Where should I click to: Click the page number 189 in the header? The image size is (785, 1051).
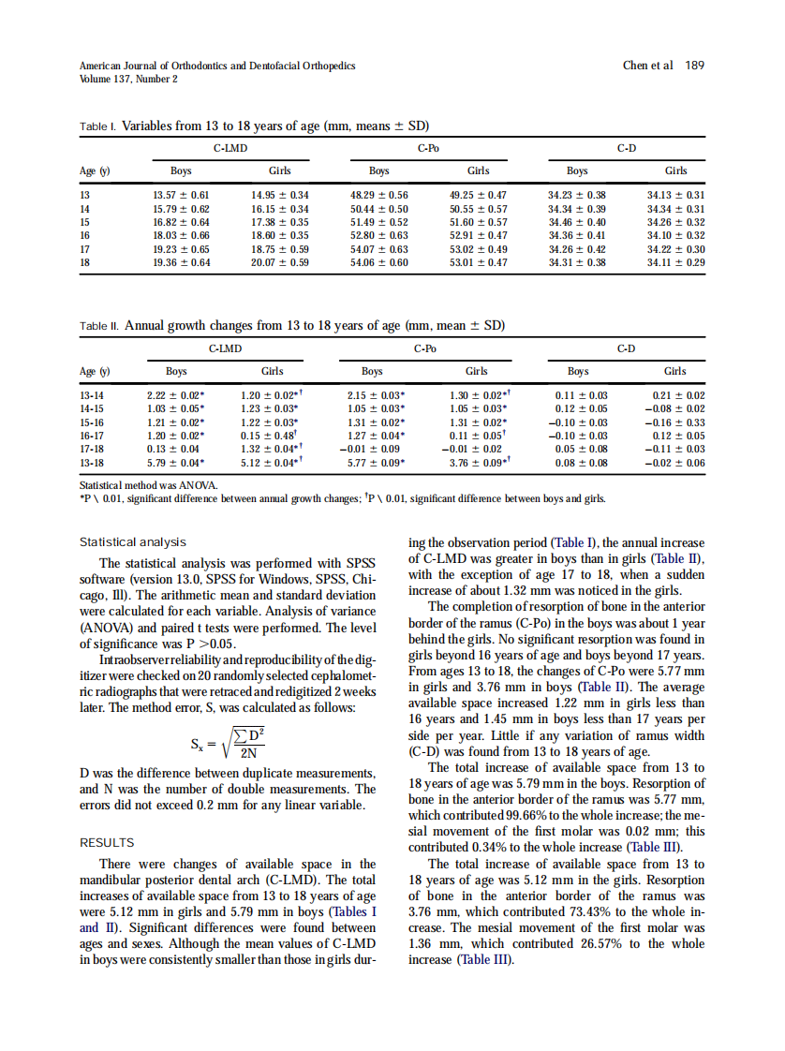click(x=694, y=66)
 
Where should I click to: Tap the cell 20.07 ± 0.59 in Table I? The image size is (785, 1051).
click(x=280, y=263)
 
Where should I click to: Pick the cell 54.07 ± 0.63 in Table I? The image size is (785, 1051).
click(x=378, y=250)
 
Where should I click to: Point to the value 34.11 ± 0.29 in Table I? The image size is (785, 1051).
click(x=676, y=263)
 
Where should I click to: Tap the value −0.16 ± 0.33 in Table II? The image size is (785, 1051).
click(x=676, y=422)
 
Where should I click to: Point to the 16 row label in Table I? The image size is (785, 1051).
click(x=87, y=236)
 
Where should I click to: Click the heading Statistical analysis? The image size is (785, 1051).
click(x=132, y=542)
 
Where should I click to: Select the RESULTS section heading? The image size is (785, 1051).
click(x=107, y=842)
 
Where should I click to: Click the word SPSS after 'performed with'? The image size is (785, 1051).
click(x=361, y=563)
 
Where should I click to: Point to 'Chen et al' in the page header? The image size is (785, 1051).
click(x=647, y=66)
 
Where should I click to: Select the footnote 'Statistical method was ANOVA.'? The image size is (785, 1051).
click(x=150, y=485)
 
